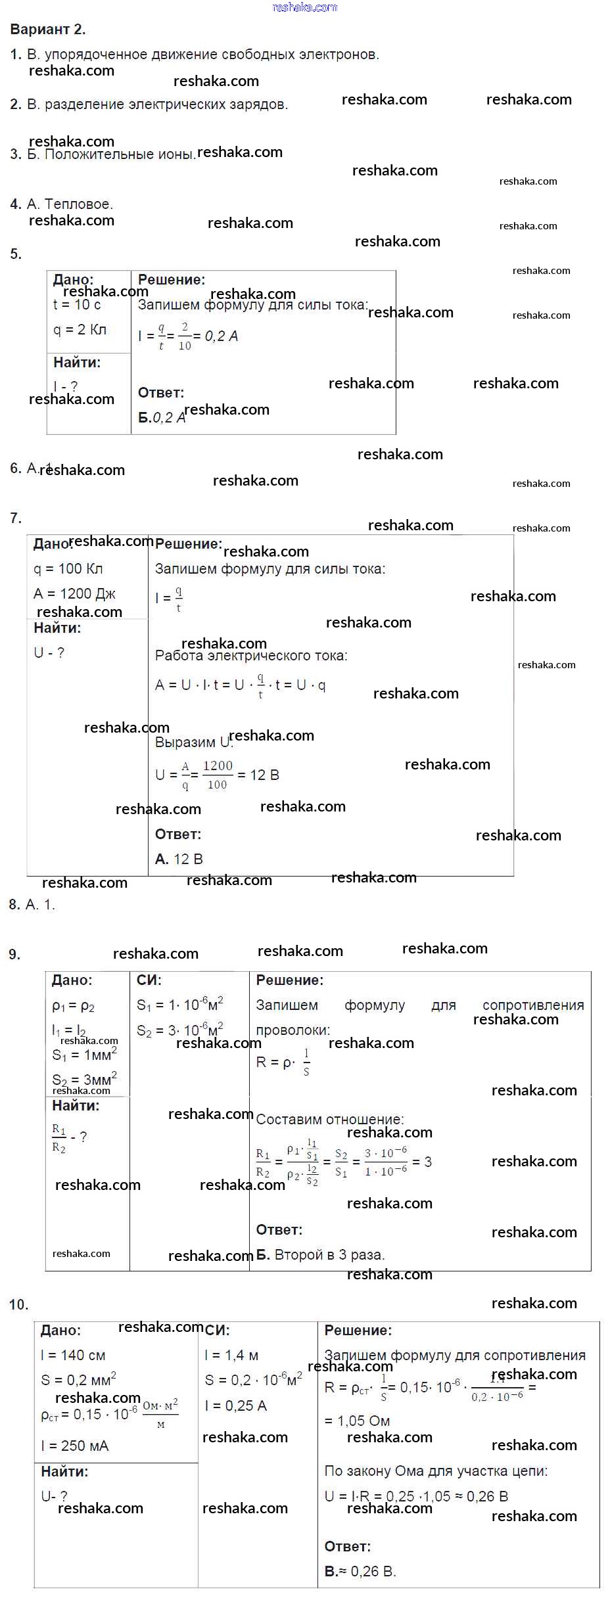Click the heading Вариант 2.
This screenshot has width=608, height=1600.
click(48, 30)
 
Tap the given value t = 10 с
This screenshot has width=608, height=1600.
click(77, 305)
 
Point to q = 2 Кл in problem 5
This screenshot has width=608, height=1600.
click(80, 330)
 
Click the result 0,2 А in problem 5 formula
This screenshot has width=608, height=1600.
click(222, 336)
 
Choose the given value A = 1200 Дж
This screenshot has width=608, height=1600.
click(74, 594)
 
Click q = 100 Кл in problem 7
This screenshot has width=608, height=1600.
click(68, 569)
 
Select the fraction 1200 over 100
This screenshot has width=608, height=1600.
click(218, 775)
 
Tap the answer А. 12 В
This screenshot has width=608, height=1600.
click(179, 859)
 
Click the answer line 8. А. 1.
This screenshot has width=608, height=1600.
click(32, 905)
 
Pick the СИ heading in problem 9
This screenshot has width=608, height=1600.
click(149, 980)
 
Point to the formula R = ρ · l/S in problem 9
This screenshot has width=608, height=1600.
click(283, 1063)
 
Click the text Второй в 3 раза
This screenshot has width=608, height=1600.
click(329, 1255)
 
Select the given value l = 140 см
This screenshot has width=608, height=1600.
click(73, 1356)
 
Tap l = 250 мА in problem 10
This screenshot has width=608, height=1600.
click(74, 1446)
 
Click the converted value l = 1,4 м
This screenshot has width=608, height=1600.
click(231, 1356)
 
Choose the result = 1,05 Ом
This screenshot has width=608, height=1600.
click(358, 1421)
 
